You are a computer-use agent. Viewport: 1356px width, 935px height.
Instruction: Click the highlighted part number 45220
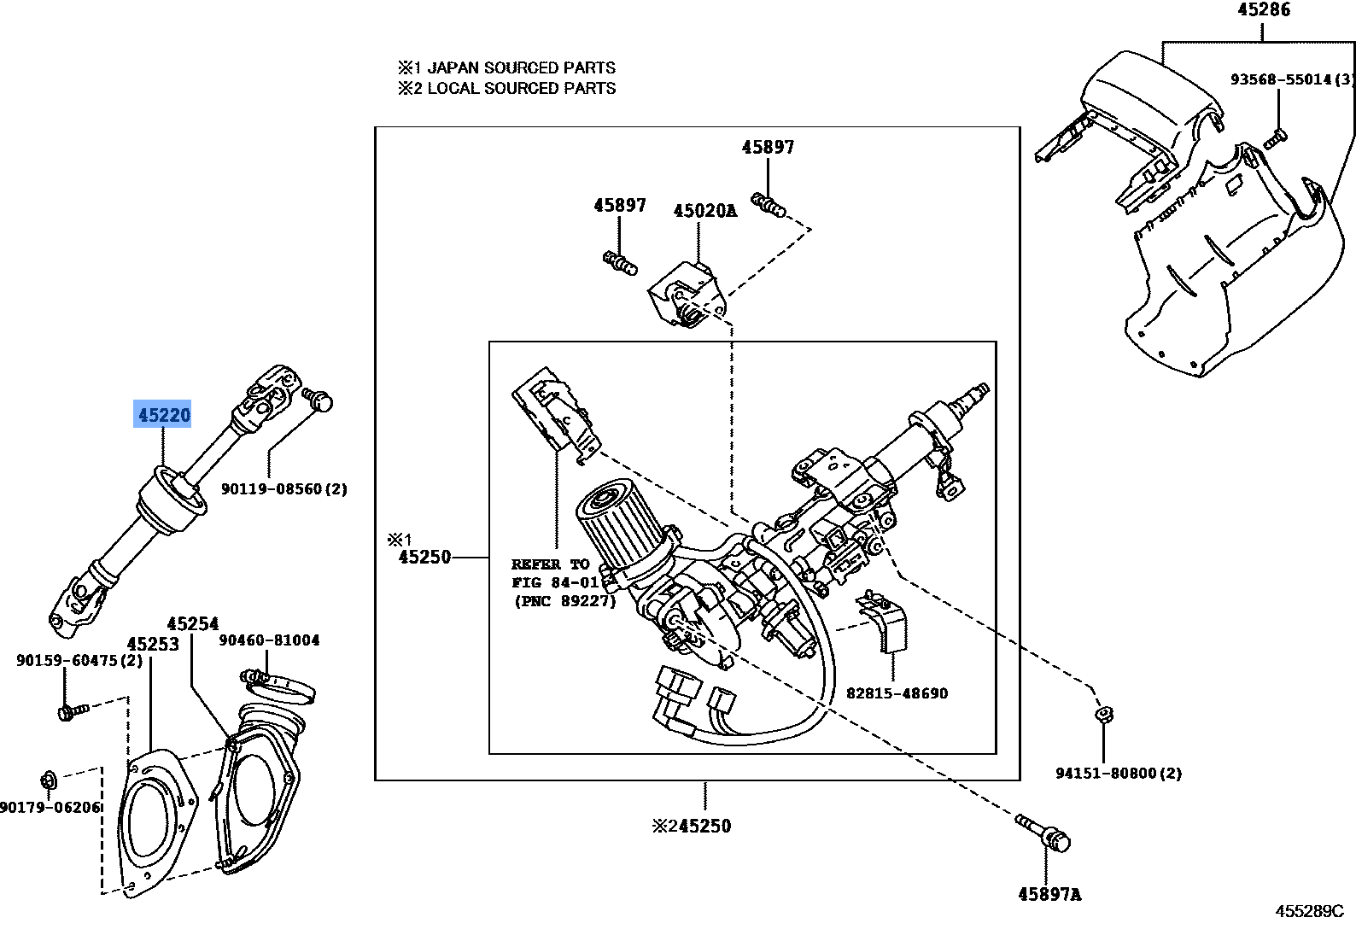click(x=164, y=416)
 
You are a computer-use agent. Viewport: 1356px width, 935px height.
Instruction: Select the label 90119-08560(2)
click(x=284, y=489)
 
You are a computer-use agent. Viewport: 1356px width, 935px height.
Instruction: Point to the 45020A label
click(x=704, y=210)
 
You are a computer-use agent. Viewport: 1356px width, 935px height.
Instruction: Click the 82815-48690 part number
click(x=897, y=693)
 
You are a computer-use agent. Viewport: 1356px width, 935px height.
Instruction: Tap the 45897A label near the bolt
click(x=1049, y=894)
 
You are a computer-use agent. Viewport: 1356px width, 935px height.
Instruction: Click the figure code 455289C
click(x=1310, y=911)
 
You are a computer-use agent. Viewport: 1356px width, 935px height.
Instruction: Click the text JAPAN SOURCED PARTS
click(x=521, y=67)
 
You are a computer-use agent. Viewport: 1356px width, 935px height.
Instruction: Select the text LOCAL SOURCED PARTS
click(x=521, y=88)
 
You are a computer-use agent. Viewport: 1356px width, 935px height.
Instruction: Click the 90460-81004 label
click(x=269, y=640)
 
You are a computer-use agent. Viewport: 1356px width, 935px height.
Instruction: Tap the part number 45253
click(x=153, y=644)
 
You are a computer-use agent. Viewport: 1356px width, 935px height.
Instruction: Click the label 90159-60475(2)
click(x=79, y=660)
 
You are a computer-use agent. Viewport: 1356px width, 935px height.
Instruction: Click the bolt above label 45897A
click(x=1043, y=832)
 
